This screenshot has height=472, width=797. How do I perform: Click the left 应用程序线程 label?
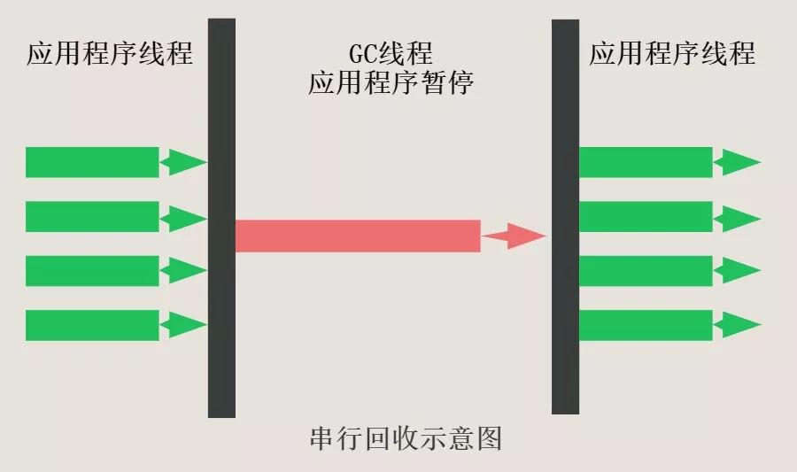tap(110, 54)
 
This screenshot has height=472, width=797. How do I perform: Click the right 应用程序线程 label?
tap(672, 54)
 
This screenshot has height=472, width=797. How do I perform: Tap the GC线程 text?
tap(391, 52)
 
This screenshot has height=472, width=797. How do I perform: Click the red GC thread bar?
tap(358, 236)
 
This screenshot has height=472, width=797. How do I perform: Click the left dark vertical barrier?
tap(221, 217)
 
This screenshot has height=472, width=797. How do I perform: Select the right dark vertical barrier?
tap(565, 217)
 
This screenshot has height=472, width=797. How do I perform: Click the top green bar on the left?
tap(92, 162)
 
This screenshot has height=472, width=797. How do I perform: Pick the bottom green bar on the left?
tap(92, 325)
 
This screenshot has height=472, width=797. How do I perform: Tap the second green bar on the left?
tap(92, 217)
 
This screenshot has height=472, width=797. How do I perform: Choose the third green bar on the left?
tap(92, 271)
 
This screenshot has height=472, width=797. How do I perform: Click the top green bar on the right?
tap(646, 162)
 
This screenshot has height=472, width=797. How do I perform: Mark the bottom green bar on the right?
tap(646, 325)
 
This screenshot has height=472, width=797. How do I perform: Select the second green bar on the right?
tap(646, 217)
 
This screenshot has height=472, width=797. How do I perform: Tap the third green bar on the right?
tap(646, 271)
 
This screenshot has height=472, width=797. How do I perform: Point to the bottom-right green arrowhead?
tap(739, 325)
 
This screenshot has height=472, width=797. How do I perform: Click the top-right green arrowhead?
tap(739, 162)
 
